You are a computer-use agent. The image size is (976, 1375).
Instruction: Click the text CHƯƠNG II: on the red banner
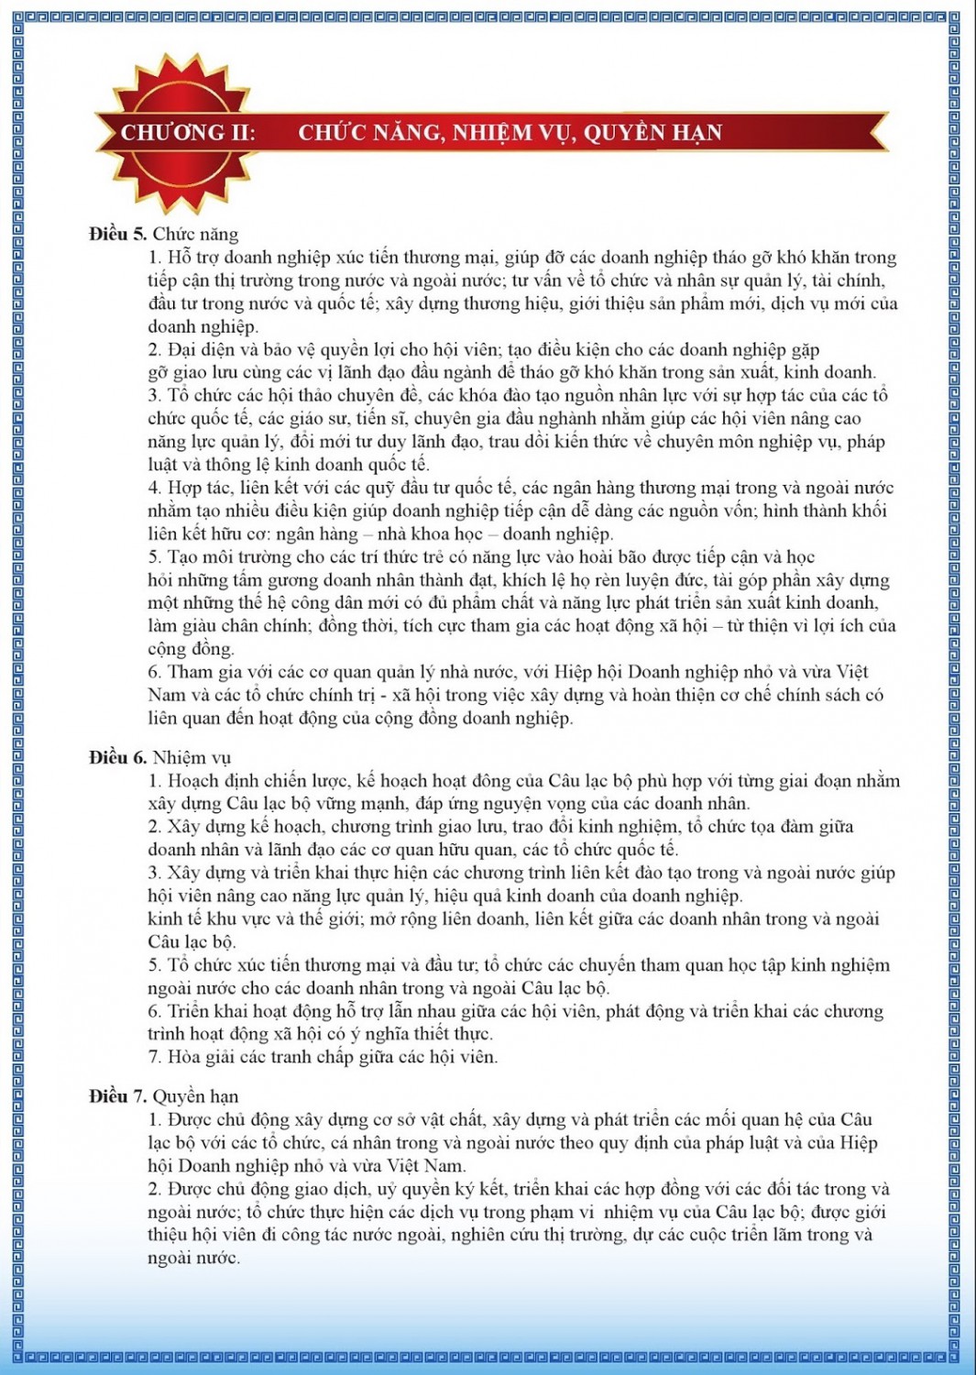click(188, 133)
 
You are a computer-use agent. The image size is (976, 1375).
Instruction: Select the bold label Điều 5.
click(118, 234)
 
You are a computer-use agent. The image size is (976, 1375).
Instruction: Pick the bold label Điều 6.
click(118, 757)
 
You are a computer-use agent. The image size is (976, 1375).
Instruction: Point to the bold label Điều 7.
click(118, 1096)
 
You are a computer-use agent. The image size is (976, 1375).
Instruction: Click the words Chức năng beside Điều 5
click(195, 234)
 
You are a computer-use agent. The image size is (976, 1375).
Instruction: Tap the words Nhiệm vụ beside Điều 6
click(192, 757)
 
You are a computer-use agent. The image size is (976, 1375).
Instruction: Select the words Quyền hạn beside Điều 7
click(195, 1096)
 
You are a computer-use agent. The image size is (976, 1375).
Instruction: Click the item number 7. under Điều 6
click(156, 1057)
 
